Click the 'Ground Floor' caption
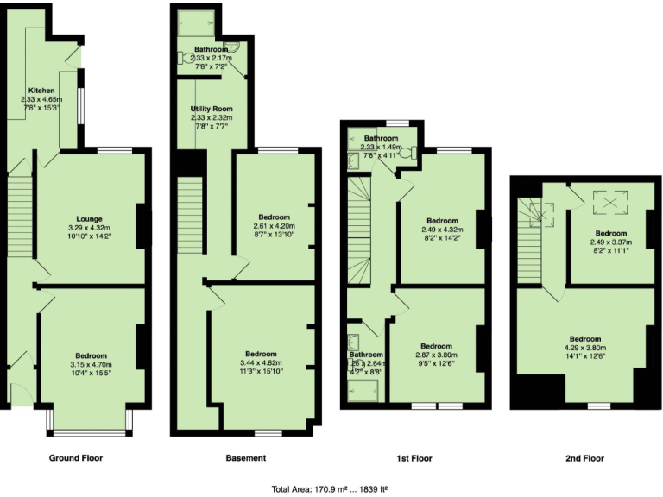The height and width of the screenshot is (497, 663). click(77, 458)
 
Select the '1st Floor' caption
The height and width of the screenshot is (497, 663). click(414, 458)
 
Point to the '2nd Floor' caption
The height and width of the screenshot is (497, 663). click(584, 458)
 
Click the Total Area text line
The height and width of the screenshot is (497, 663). click(331, 488)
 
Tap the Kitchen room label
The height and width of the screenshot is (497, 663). click(41, 91)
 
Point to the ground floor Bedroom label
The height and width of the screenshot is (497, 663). click(90, 355)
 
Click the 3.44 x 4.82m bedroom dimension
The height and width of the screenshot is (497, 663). click(260, 362)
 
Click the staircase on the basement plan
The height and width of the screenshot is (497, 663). click(187, 224)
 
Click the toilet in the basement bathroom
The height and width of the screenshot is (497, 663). click(187, 58)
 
